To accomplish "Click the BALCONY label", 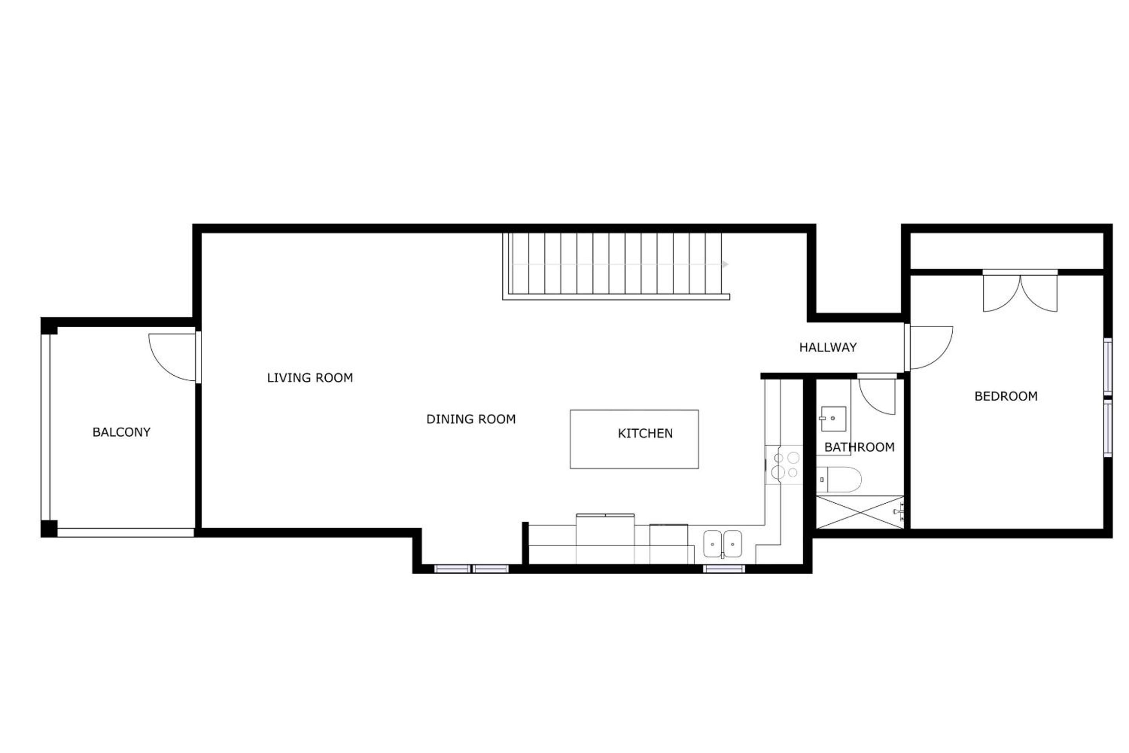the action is pyautogui.click(x=122, y=432).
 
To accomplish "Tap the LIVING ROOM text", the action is pyautogui.click(x=310, y=378).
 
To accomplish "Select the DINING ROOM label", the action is pyautogui.click(x=471, y=419).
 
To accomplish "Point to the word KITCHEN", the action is pyautogui.click(x=645, y=434).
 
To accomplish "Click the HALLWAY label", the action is pyautogui.click(x=828, y=347).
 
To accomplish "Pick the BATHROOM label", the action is pyautogui.click(x=860, y=447).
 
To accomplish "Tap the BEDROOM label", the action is pyautogui.click(x=1006, y=396).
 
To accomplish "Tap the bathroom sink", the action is pyautogui.click(x=833, y=419).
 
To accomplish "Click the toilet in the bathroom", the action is pyautogui.click(x=839, y=479).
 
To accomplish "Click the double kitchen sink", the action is pyautogui.click(x=722, y=544).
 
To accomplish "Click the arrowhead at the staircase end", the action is pyautogui.click(x=725, y=265).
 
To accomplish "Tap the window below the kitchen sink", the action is pyautogui.click(x=724, y=569).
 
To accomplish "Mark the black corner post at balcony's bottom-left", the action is pyautogui.click(x=49, y=529).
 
